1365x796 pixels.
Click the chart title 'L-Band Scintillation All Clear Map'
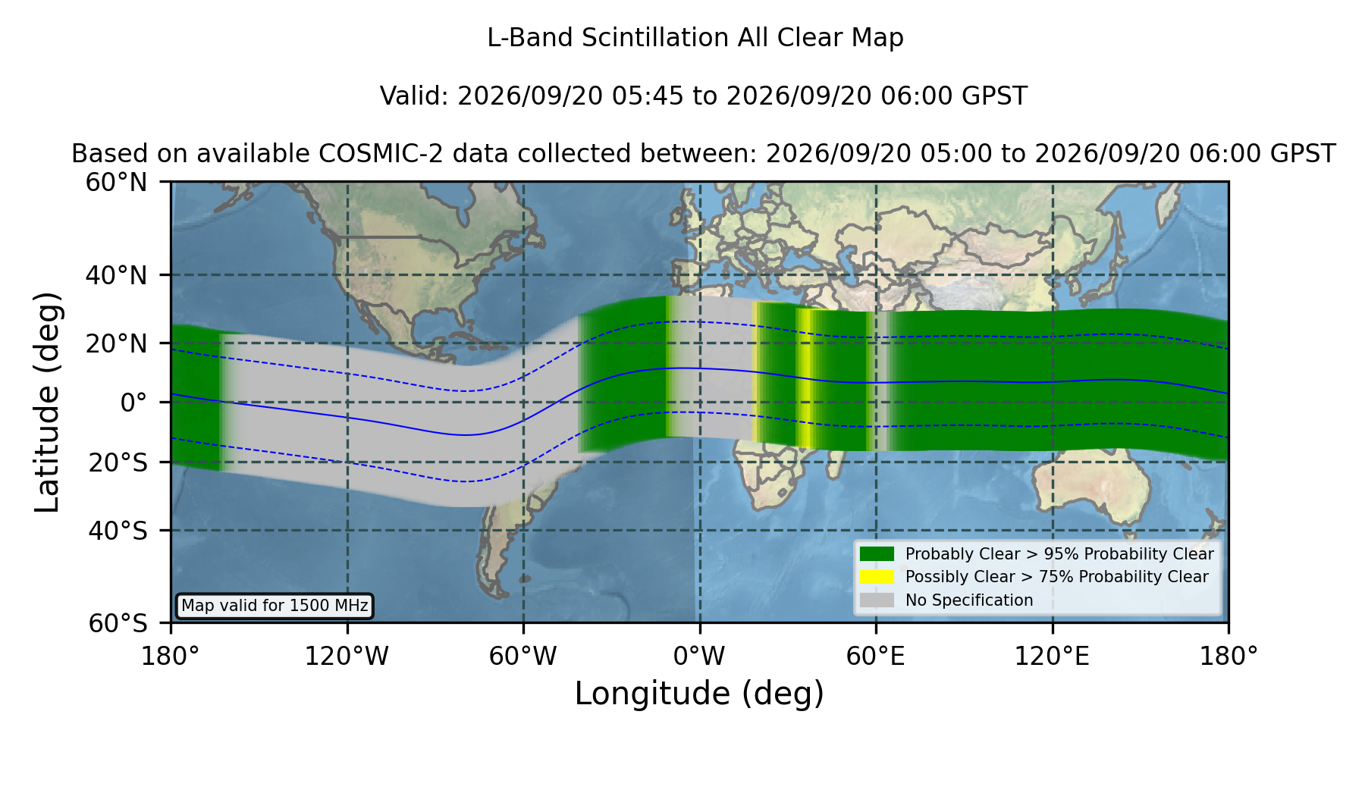click(695, 38)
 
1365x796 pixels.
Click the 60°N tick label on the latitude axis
click(117, 182)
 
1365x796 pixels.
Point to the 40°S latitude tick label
click(118, 531)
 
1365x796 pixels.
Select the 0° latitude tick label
click(134, 403)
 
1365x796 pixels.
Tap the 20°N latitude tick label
click(117, 343)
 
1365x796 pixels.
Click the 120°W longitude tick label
click(347, 656)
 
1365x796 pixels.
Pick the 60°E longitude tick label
click(876, 656)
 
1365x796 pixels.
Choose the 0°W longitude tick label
click(699, 656)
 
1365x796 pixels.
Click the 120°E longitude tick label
click(1053, 656)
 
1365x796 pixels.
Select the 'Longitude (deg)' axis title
click(699, 694)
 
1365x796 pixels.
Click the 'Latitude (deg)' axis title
click(47, 402)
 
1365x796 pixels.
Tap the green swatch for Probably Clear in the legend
click(877, 553)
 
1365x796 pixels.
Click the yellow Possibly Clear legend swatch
click(877, 576)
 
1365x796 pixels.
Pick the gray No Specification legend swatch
click(877, 600)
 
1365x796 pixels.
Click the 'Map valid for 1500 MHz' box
click(275, 606)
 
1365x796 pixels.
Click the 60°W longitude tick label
click(523, 656)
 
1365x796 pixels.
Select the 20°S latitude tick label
click(118, 462)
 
